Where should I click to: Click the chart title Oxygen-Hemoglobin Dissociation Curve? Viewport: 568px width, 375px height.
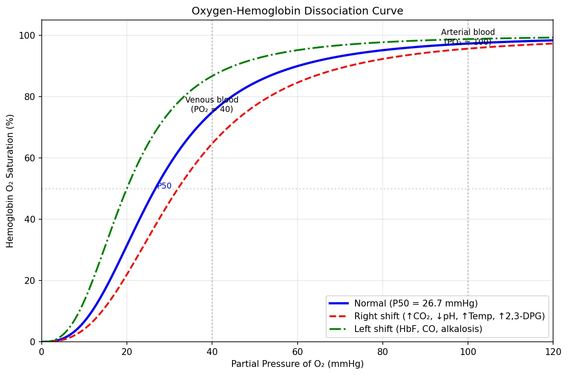tap(297, 11)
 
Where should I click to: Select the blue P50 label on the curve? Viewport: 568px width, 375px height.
tap(164, 186)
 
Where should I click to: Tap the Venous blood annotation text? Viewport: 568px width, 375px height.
tap(212, 105)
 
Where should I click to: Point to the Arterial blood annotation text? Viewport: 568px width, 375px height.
tap(468, 37)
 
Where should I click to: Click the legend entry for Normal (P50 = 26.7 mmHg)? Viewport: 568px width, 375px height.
tap(416, 303)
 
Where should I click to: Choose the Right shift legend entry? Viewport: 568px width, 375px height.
tap(449, 316)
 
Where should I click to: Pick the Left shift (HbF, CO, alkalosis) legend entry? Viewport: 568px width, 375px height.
tap(418, 329)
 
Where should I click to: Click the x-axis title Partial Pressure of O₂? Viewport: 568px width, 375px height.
tap(297, 364)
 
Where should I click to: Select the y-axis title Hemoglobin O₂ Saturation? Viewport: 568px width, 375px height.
tap(10, 181)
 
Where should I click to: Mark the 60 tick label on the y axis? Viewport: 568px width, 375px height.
tap(31, 158)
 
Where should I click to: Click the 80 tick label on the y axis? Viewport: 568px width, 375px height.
tap(31, 97)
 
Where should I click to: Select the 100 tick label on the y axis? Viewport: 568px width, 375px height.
tap(29, 35)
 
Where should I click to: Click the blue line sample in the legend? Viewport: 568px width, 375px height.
tap(339, 303)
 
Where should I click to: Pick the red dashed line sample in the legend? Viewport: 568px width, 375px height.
tap(339, 316)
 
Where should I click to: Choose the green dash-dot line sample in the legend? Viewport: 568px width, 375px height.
tap(339, 329)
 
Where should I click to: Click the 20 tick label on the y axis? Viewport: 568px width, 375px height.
tap(31, 281)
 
